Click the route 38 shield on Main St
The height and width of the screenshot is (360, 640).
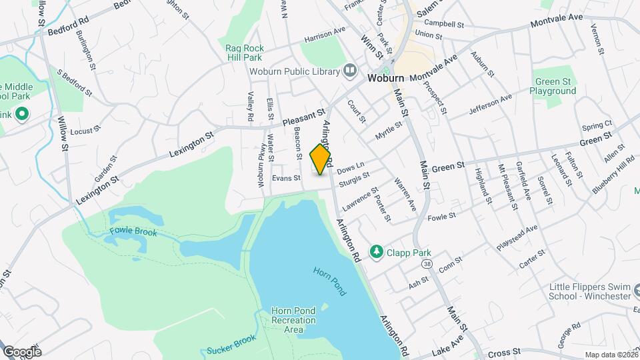[427, 265]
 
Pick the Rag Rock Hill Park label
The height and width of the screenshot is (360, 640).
[245, 53]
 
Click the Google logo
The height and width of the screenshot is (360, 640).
[22, 351]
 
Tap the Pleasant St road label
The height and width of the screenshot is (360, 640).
[303, 118]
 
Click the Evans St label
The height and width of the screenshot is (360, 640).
[287, 178]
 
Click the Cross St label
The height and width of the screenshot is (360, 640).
[504, 352]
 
